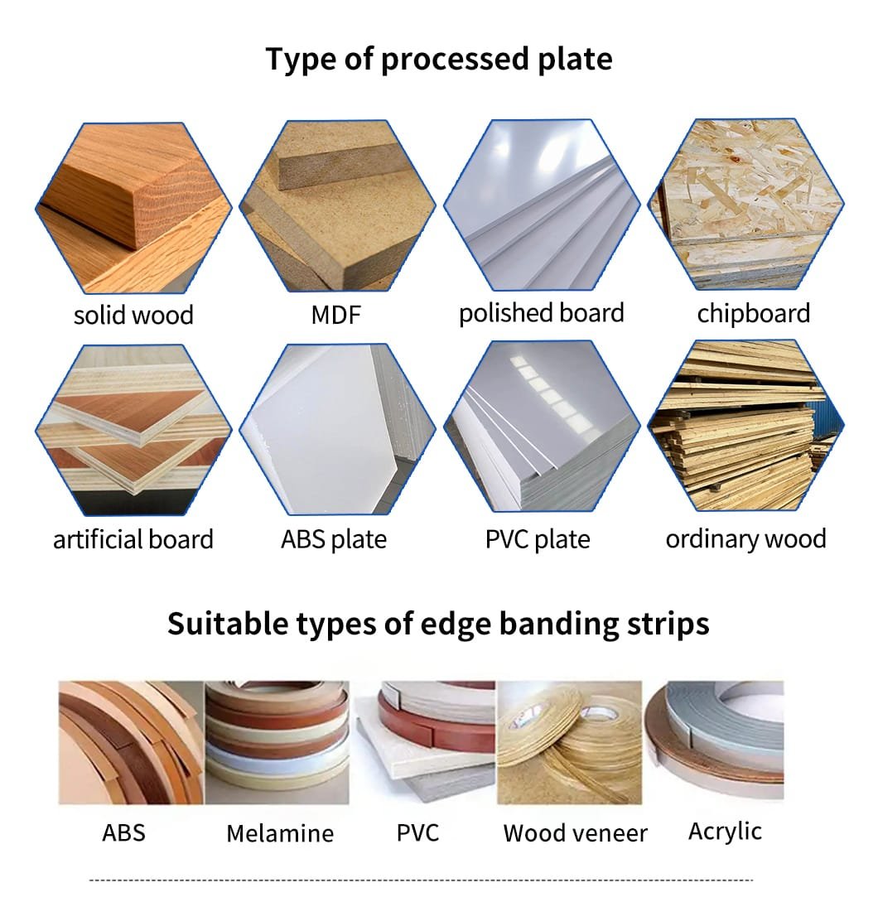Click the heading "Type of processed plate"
coord(439,60)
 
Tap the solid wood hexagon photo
coord(133,208)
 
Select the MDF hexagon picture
coord(337,205)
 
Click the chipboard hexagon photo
coord(746,204)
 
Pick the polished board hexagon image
coord(542,205)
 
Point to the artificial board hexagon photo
coord(133,430)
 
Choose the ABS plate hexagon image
coord(337,428)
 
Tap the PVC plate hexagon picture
coord(542,427)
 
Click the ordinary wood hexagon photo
coord(746,425)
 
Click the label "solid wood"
coord(133,316)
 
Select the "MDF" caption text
coord(336,315)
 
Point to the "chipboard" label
coord(754,314)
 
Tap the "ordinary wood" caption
coord(746,539)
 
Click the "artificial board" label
coord(133,539)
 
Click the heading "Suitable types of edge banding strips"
coord(438,625)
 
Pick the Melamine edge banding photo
coord(277,743)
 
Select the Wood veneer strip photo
coord(570,743)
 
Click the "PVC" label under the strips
coord(417,833)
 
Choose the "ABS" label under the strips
coord(123,833)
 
